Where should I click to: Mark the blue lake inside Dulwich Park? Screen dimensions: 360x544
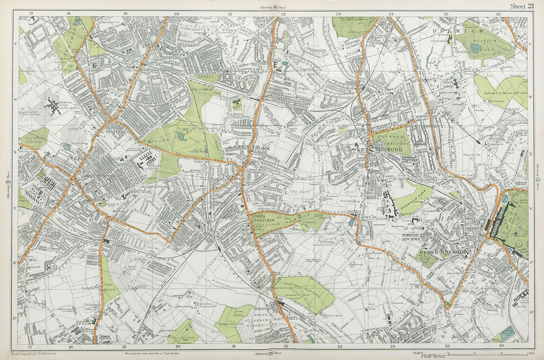(476, 48)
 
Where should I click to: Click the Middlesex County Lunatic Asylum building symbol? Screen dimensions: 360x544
(54, 105)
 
